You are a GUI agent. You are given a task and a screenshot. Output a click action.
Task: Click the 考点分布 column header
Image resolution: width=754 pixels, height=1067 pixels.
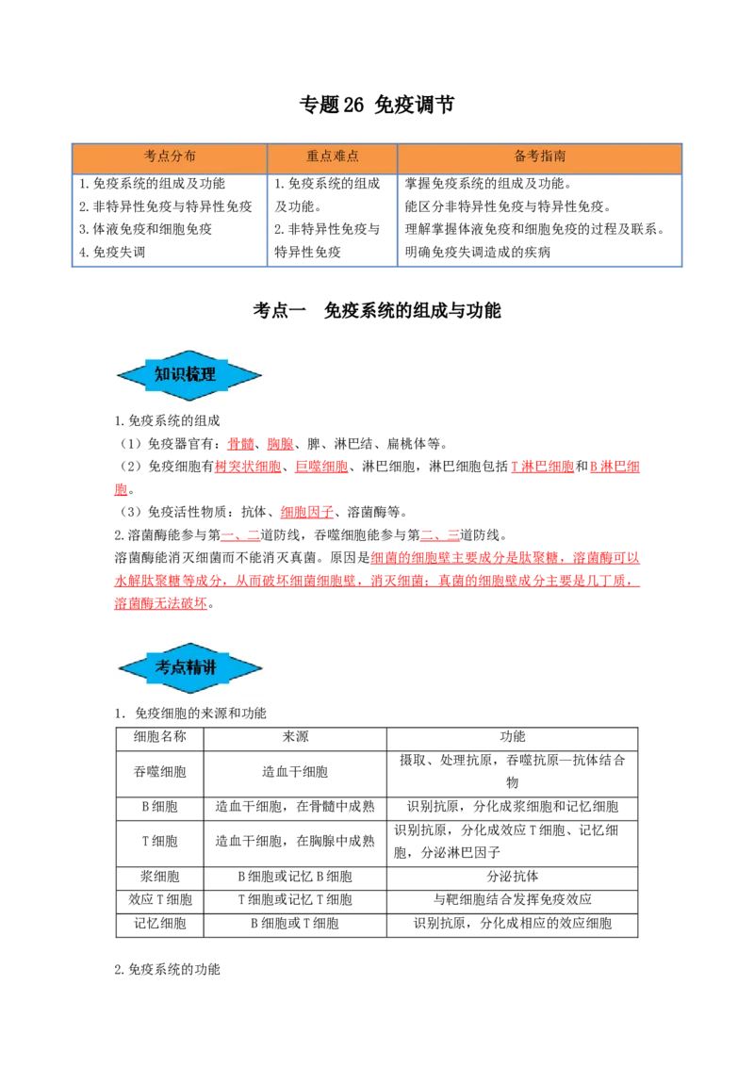coord(170,156)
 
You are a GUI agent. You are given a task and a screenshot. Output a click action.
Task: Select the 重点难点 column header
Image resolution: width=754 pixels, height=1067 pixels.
coord(333,156)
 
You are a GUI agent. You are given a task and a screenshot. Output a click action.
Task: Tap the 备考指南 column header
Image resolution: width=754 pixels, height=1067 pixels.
coord(540,156)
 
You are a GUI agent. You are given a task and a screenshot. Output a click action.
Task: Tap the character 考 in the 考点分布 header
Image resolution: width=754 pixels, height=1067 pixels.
coord(150,156)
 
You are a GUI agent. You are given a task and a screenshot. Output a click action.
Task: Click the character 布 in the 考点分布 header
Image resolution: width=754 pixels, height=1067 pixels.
coord(190,156)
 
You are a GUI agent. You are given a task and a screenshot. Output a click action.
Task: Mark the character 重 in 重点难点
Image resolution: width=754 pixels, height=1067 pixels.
coord(313,156)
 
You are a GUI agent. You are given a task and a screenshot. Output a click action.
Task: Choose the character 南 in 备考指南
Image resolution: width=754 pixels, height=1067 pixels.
coord(560,156)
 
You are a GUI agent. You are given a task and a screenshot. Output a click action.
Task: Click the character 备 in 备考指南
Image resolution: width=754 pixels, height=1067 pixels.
coord(520,156)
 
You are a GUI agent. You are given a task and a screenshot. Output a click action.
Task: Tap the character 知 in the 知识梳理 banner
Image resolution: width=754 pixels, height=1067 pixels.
coord(162,374)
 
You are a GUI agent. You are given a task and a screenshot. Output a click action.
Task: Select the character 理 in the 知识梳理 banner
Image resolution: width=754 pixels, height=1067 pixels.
coord(208,374)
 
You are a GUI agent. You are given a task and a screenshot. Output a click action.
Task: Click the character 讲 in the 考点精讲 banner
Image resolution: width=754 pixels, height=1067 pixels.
coord(209,667)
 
